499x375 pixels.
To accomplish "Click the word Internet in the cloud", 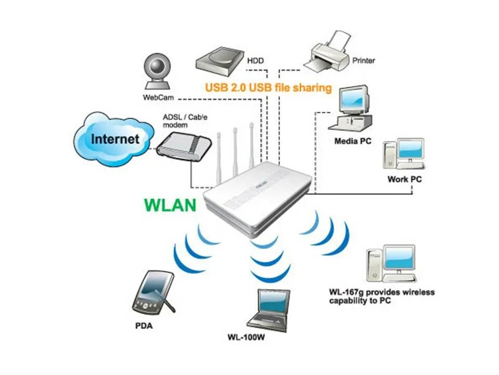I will tap(115, 139).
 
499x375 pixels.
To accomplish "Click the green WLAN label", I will tap(170, 205).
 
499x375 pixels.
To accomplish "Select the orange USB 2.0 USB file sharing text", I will tap(268, 87).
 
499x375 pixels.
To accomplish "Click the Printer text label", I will tap(364, 61).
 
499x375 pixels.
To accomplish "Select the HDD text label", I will tap(255, 61).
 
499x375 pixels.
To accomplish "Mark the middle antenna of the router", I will tap(235, 151).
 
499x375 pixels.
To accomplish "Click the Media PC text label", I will tap(353, 141).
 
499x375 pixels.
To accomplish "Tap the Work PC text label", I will tap(404, 180).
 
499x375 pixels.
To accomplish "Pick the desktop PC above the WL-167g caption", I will tap(391, 263).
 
